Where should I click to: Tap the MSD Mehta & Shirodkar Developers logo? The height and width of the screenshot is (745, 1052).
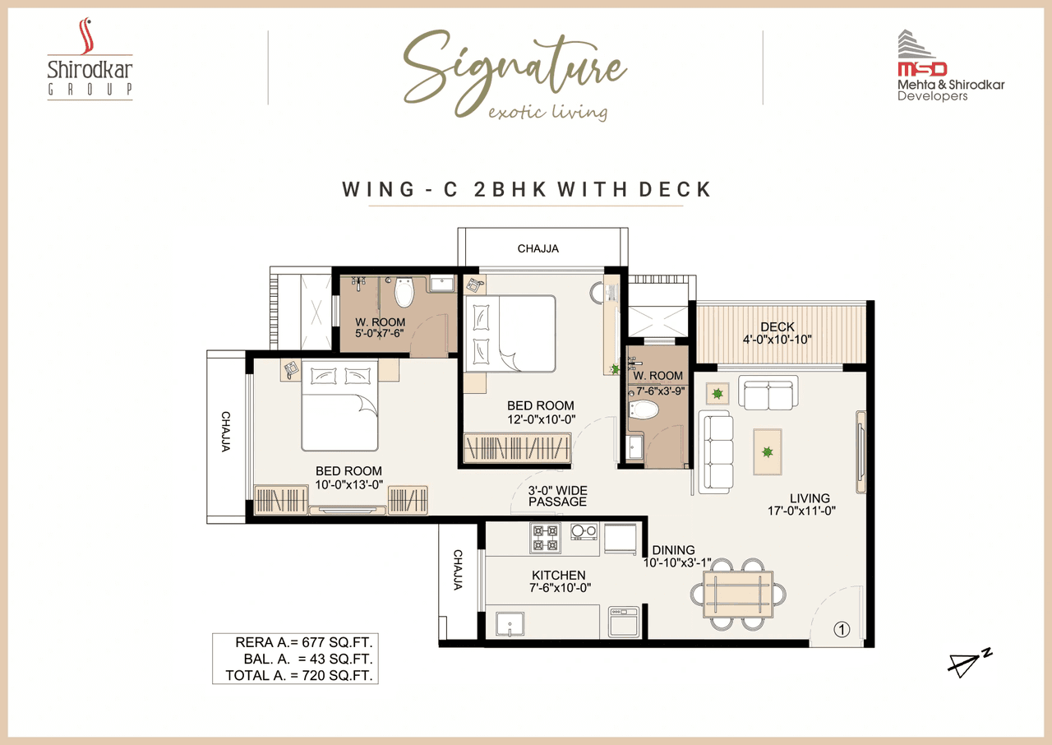pyautogui.click(x=950, y=67)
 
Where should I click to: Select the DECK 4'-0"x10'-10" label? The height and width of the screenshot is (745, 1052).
pyautogui.click(x=777, y=333)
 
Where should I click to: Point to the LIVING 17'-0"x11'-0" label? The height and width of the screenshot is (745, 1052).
pyautogui.click(x=810, y=504)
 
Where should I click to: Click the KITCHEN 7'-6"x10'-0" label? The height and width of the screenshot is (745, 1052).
pyautogui.click(x=558, y=581)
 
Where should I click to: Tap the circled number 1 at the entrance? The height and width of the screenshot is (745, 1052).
pyautogui.click(x=840, y=631)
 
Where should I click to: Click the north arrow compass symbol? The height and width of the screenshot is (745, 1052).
pyautogui.click(x=969, y=663)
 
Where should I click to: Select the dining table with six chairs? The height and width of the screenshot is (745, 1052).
pyautogui.click(x=737, y=595)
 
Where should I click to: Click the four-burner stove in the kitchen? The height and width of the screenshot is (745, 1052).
pyautogui.click(x=546, y=537)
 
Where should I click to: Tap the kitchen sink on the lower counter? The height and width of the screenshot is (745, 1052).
pyautogui.click(x=510, y=623)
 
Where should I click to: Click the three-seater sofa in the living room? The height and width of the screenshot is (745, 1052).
pyautogui.click(x=716, y=452)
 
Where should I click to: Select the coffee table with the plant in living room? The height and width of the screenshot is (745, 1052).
pyautogui.click(x=768, y=451)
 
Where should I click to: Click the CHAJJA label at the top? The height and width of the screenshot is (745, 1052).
pyautogui.click(x=538, y=248)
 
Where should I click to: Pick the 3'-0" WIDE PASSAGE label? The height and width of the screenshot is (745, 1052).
pyautogui.click(x=557, y=496)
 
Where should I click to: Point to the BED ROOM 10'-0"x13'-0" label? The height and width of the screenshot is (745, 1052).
pyautogui.click(x=348, y=477)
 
